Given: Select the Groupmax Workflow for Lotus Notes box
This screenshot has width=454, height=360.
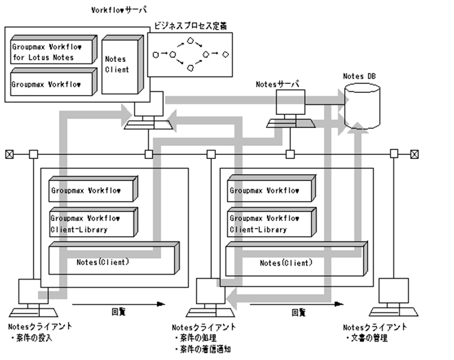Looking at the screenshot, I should click(x=51, y=51).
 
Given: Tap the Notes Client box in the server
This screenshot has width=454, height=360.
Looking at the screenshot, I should click(x=118, y=65).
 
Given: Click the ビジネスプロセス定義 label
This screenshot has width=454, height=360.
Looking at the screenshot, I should click(x=191, y=26).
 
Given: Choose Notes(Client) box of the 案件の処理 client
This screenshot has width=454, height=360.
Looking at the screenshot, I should click(x=290, y=262).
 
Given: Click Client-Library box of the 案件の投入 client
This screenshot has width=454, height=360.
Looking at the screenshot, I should click(x=94, y=222).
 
